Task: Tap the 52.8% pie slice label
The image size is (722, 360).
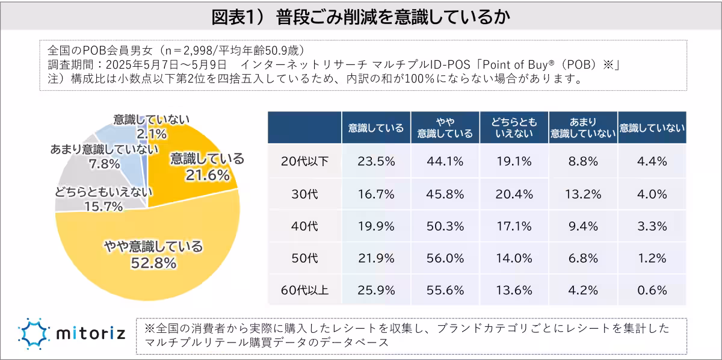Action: [x=153, y=263]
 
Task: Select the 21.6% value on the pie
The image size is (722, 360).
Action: [x=208, y=175]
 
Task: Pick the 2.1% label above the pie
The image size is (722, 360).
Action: [x=143, y=132]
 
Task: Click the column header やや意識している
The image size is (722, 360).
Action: [x=445, y=128]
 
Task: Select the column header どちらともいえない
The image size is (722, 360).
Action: [x=514, y=128]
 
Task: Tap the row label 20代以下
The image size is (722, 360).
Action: [x=304, y=161]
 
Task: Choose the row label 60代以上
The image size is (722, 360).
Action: [x=304, y=290]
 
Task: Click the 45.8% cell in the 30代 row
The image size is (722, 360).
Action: [x=445, y=194]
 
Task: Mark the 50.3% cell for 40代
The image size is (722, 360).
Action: [x=445, y=226]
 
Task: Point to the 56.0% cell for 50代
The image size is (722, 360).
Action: [x=445, y=258]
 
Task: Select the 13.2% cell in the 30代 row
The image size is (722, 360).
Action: [x=583, y=194]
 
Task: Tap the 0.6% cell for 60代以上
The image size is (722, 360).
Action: [x=652, y=290]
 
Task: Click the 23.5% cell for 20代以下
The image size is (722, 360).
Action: [x=376, y=161]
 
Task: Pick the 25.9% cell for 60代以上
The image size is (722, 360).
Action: [x=376, y=290]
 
